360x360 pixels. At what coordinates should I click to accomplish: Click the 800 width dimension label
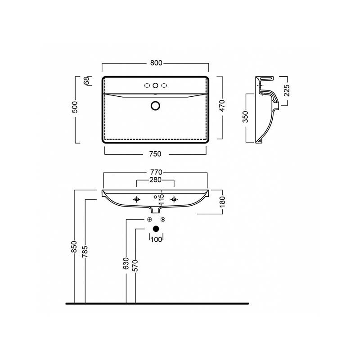tap(156, 63)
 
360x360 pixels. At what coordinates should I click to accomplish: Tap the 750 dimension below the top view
tap(155, 154)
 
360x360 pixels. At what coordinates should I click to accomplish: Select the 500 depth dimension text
tap(75, 107)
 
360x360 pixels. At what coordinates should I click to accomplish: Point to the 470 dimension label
tap(222, 106)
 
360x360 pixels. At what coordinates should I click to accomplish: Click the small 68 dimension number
tap(86, 81)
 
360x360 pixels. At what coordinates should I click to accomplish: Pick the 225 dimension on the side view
tap(287, 90)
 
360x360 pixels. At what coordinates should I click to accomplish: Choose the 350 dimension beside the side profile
tap(245, 117)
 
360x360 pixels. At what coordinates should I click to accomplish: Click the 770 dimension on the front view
tap(156, 172)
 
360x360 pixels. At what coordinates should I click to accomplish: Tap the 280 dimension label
tap(155, 180)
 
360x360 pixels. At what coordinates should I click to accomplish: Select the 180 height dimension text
tap(222, 202)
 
